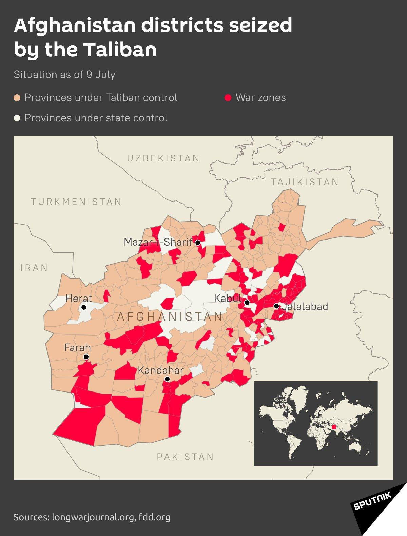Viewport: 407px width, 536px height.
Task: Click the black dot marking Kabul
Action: tap(247, 303)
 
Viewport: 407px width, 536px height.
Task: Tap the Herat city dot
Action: tap(84, 307)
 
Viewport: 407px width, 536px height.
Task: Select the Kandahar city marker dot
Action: tap(167, 379)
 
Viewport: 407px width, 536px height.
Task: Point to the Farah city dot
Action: tap(86, 357)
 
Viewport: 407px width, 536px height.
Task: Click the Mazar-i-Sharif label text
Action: tap(158, 242)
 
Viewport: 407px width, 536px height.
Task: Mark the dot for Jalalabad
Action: tap(276, 306)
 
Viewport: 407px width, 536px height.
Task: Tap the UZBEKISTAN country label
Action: tap(163, 158)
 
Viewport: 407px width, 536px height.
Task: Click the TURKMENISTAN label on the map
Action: tap(76, 202)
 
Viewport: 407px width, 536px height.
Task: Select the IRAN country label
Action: tap(34, 268)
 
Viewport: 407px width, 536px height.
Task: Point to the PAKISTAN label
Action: tap(185, 457)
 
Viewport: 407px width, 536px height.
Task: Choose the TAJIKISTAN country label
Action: tap(305, 182)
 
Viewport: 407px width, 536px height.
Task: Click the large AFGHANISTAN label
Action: tap(170, 317)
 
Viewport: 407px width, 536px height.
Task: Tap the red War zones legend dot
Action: tap(228, 98)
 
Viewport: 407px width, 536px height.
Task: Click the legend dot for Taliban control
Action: tap(17, 98)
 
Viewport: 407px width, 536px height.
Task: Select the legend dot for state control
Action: tap(17, 118)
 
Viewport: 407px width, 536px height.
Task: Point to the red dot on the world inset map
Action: tap(334, 427)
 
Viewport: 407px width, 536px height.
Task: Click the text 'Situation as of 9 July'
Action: tap(64, 75)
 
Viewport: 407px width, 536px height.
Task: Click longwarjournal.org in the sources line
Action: tap(94, 517)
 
